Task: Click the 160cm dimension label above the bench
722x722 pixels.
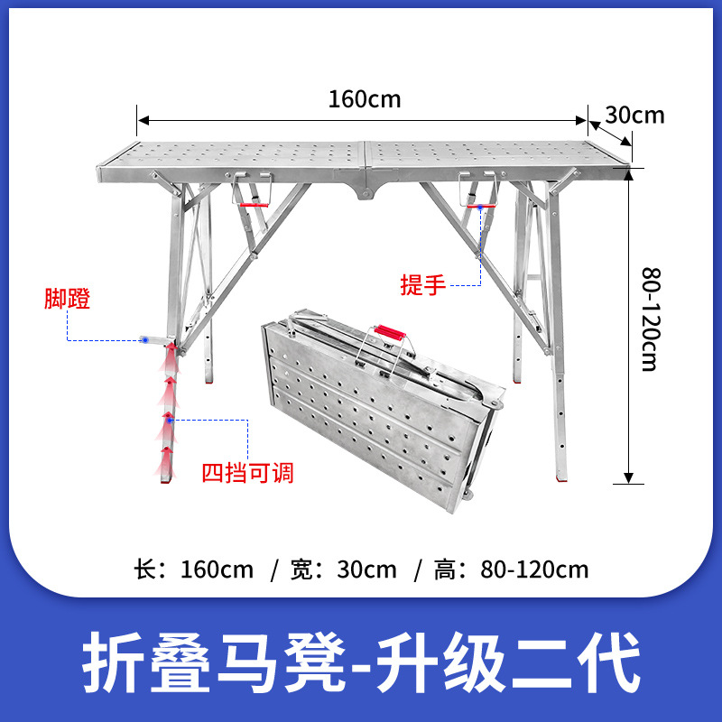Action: pos(364,98)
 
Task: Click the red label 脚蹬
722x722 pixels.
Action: pos(68,300)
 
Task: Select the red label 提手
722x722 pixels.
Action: pos(423,285)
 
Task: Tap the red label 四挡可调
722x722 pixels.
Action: pos(246,472)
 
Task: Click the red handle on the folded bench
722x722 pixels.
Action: pos(392,332)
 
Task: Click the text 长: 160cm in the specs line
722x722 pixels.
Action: pos(193,569)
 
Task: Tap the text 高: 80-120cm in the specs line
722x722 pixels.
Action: pos(510,569)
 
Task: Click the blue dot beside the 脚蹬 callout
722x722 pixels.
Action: pos(144,341)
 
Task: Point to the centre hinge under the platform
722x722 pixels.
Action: pos(366,192)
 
